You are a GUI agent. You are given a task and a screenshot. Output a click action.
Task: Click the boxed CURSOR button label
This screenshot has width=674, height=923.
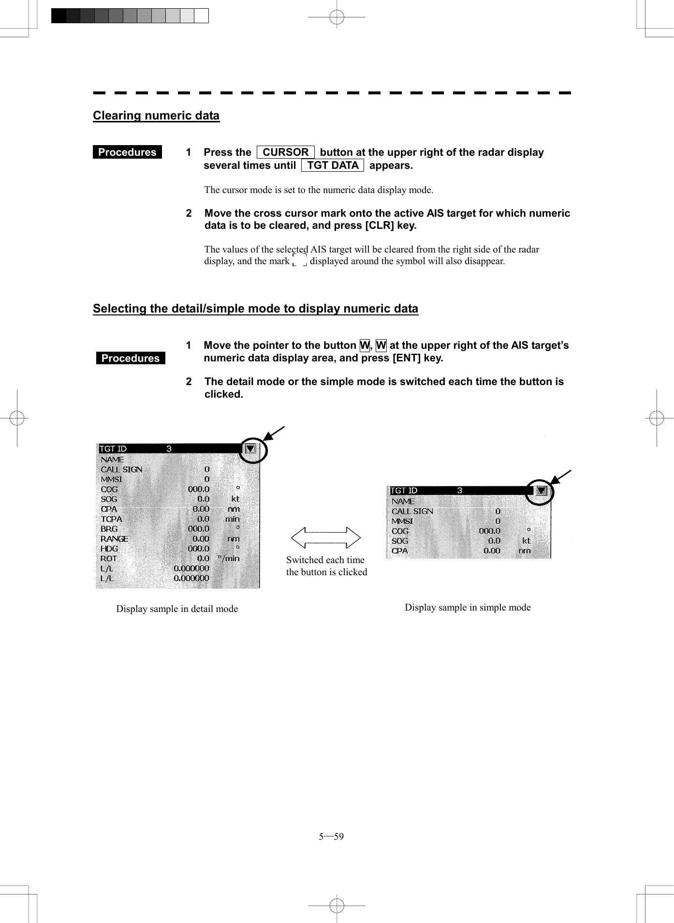(285, 152)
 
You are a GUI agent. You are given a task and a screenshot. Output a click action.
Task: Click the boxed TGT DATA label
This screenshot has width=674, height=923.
(333, 165)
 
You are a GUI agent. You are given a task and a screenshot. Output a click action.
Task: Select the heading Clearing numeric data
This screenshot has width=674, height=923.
(156, 116)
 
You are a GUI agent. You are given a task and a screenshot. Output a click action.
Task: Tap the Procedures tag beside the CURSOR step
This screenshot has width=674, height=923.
(127, 152)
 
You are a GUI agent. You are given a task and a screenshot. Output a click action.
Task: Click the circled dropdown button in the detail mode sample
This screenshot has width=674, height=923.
(250, 449)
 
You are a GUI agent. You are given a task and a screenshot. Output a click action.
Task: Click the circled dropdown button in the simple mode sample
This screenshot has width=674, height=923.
(541, 491)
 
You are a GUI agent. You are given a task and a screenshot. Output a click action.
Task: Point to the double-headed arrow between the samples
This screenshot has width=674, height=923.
(326, 537)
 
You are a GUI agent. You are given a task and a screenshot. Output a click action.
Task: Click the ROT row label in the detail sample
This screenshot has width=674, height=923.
(109, 558)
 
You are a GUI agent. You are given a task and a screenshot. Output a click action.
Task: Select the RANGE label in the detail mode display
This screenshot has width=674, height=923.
(114, 538)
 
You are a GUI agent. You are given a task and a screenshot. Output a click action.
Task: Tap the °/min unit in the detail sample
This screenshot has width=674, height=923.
(229, 558)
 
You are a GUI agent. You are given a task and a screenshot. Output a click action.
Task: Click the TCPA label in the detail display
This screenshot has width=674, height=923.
(111, 519)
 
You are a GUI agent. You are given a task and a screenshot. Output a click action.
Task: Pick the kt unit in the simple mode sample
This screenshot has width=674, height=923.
(526, 541)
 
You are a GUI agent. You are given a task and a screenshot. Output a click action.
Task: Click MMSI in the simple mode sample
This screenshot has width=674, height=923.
(402, 521)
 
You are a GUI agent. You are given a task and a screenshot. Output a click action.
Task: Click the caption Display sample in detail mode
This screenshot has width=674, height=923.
(177, 609)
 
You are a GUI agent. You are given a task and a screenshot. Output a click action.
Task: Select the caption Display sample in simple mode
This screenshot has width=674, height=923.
(468, 607)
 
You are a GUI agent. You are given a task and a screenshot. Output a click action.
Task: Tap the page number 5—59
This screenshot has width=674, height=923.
(331, 836)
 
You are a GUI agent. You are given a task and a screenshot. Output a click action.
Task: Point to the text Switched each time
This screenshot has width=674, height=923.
(325, 560)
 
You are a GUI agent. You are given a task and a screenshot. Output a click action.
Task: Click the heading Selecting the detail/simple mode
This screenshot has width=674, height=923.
(255, 309)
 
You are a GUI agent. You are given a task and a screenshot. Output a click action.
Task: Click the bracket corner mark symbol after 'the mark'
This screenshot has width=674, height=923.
(300, 261)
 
